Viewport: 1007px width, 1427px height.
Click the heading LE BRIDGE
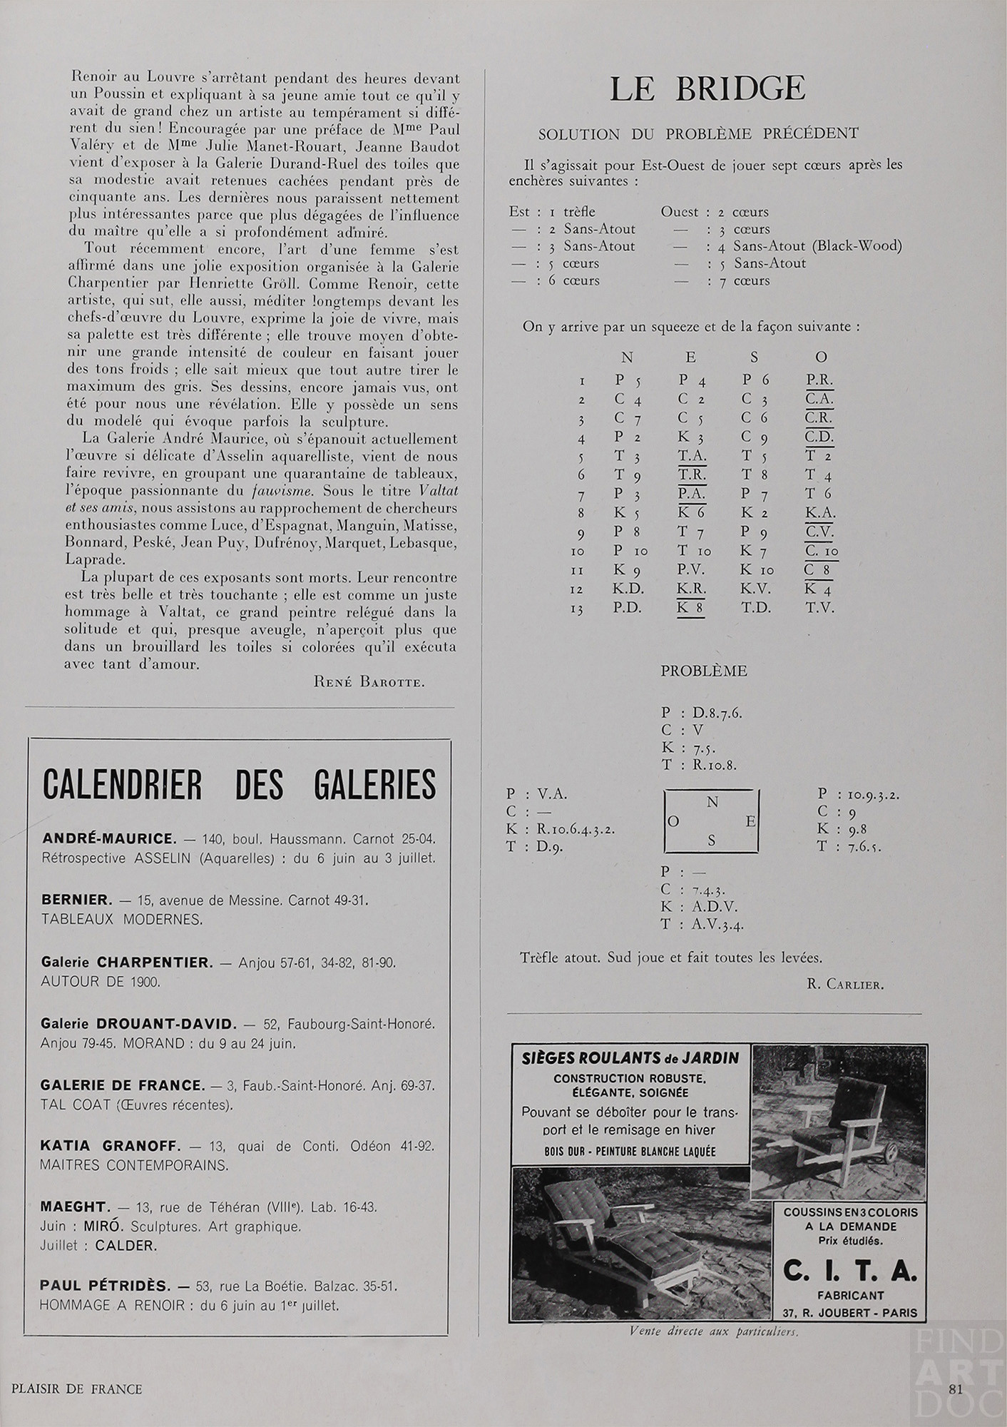coord(707,88)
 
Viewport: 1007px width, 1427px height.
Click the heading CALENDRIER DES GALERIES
coord(239,785)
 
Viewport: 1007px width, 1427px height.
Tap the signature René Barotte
coord(369,681)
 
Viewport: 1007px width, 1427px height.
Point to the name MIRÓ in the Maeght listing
coord(109,1227)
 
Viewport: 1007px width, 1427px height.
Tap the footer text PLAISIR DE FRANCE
coord(77,1388)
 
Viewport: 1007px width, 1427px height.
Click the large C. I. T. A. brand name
coord(850,1271)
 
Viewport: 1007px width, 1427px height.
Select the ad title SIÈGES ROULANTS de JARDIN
coord(629,1057)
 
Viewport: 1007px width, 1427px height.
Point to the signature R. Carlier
coord(845,985)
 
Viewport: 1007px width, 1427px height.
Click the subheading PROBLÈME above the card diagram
coord(703,671)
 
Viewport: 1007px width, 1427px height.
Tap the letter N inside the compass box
coord(711,802)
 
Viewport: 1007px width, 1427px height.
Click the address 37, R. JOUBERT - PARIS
coord(850,1313)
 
